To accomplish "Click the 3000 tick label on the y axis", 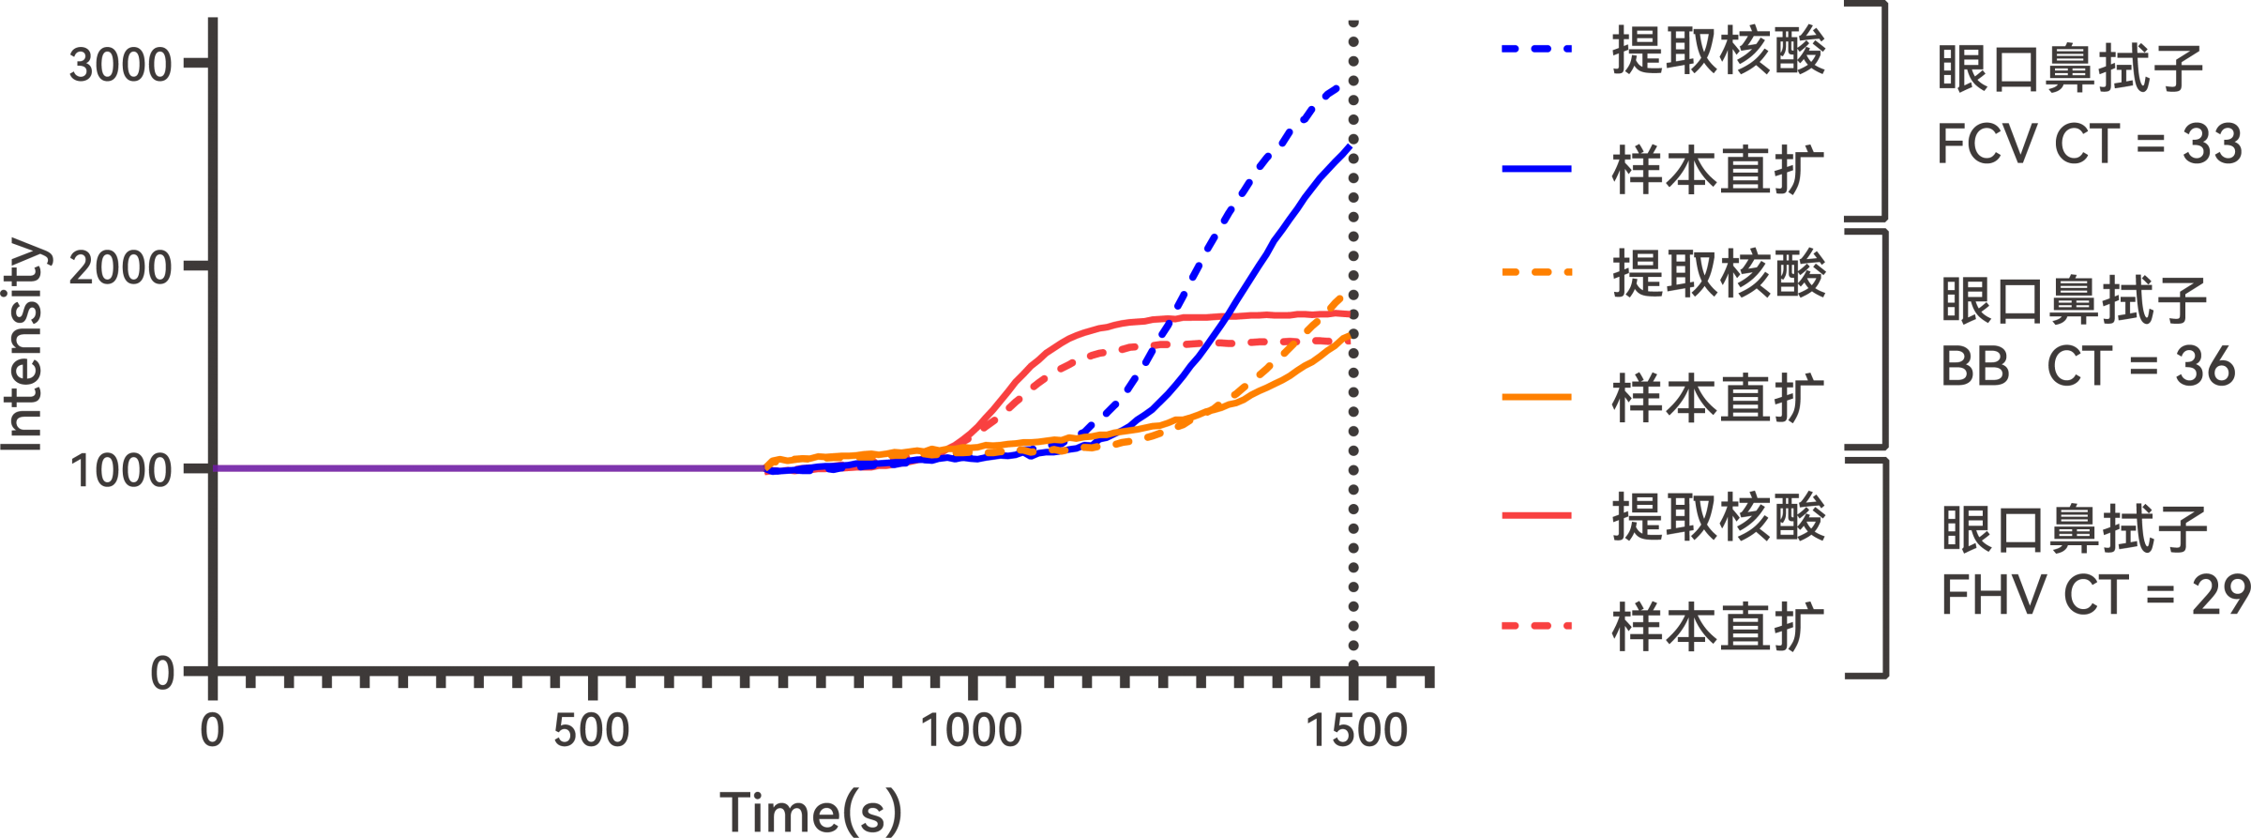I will pyautogui.click(x=120, y=65).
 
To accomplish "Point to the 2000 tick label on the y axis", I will pyautogui.click(x=120, y=268).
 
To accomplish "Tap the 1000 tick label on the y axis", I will pyautogui.click(x=120, y=470).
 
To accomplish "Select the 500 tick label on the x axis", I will pyautogui.click(x=591, y=731).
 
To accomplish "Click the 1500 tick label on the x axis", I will pyautogui.click(x=1357, y=731).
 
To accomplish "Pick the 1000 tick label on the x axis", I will pyautogui.click(x=971, y=731).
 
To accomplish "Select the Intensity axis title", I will pyautogui.click(x=23, y=344).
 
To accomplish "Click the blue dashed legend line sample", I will pyautogui.click(x=1536, y=48).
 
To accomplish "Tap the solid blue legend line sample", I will pyautogui.click(x=1536, y=169).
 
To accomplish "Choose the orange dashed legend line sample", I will pyautogui.click(x=1536, y=273).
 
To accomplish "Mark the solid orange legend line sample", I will pyautogui.click(x=1536, y=397).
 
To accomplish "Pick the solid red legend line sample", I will pyautogui.click(x=1536, y=515).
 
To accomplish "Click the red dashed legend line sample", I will pyautogui.click(x=1536, y=625).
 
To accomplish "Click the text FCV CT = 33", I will pyautogui.click(x=2090, y=145).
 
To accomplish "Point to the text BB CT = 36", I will pyautogui.click(x=2088, y=366).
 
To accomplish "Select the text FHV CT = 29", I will pyautogui.click(x=2093, y=595).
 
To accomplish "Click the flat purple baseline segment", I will pyautogui.click(x=488, y=467).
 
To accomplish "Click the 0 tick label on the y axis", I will pyautogui.click(x=161, y=673).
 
